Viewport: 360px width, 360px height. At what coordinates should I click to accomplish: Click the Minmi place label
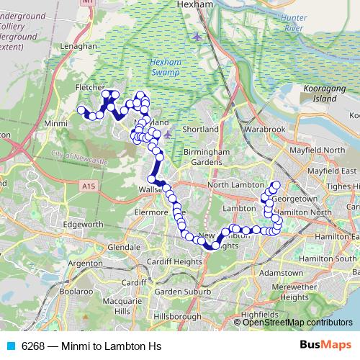[x=55, y=123]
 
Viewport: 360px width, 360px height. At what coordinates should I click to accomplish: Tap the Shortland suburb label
[x=200, y=129]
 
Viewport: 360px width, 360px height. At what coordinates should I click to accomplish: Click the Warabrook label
[x=264, y=129]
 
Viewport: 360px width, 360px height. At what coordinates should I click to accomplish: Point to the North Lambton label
[x=232, y=185]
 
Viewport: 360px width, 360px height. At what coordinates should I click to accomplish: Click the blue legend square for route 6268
[x=11, y=344]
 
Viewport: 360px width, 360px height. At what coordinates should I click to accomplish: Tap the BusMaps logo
[x=325, y=344]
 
